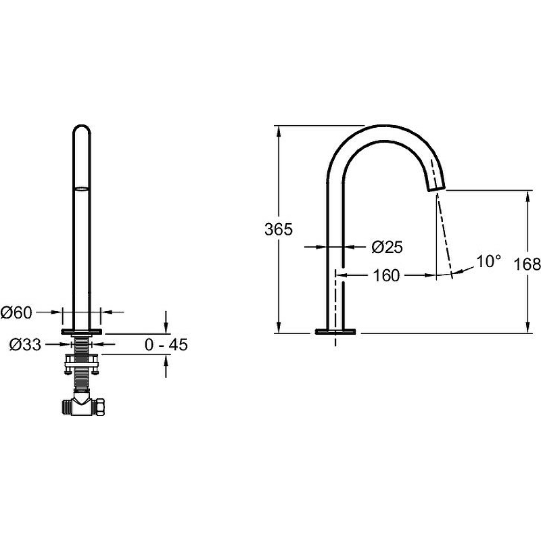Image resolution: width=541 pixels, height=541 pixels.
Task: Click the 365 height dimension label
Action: pos(279,229)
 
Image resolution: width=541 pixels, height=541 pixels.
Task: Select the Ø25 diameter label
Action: pos(387,247)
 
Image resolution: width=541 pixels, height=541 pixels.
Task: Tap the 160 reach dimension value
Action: pos(386,275)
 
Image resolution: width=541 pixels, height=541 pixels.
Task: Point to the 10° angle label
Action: pos(488,261)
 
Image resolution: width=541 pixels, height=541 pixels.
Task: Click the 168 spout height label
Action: pos(527,264)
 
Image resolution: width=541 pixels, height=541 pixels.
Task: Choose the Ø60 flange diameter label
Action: pos(16,312)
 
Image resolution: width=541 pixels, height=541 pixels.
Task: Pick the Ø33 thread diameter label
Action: pos(25,344)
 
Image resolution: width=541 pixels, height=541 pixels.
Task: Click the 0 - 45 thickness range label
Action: pos(166,344)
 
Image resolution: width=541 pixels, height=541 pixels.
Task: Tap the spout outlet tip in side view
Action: pos(437,188)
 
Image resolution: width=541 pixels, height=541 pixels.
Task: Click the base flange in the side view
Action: pos(335,331)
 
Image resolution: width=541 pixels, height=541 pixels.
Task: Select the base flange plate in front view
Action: pos(82,331)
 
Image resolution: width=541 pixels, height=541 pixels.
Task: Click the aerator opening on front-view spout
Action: pos(82,189)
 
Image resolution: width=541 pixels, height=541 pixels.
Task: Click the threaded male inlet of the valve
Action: pos(67,407)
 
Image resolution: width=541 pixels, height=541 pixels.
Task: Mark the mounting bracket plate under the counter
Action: pos(82,361)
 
